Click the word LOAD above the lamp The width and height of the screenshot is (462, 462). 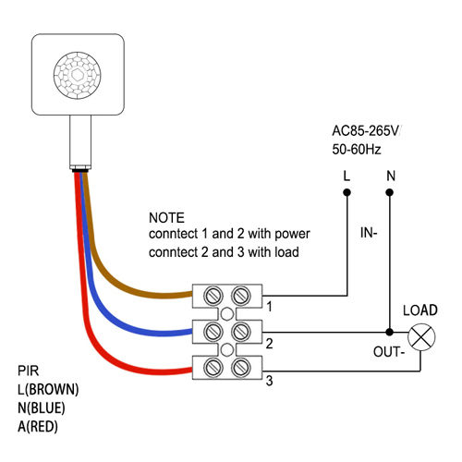click(x=420, y=310)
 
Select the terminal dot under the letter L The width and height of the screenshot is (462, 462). click(x=346, y=193)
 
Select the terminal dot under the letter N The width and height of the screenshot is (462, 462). click(x=390, y=193)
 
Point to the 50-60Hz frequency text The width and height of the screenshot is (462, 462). click(x=357, y=148)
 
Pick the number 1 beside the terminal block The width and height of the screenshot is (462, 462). click(x=268, y=305)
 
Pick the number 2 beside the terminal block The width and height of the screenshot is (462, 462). click(x=268, y=342)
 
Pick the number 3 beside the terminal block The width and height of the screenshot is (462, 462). click(x=269, y=379)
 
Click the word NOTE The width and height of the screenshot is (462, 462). click(x=166, y=218)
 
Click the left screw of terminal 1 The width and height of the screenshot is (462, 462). click(x=211, y=296)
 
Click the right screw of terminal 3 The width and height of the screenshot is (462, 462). click(x=241, y=367)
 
